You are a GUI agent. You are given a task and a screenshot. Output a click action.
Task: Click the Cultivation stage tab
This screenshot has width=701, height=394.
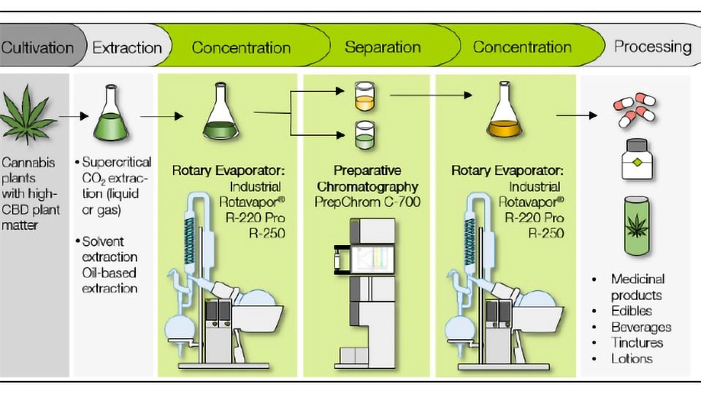click(x=38, y=48)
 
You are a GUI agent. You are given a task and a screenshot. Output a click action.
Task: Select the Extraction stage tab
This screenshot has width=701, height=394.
click(x=126, y=48)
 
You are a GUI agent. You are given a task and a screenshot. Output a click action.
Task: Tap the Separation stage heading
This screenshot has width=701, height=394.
click(x=382, y=48)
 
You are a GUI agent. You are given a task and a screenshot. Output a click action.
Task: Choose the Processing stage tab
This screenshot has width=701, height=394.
click(x=652, y=48)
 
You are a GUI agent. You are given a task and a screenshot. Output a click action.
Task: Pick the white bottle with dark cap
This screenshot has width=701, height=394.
click(x=637, y=159)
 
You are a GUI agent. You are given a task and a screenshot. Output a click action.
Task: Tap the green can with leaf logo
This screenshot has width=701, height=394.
click(x=636, y=223)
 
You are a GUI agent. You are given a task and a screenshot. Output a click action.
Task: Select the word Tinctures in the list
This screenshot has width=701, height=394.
click(x=637, y=342)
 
